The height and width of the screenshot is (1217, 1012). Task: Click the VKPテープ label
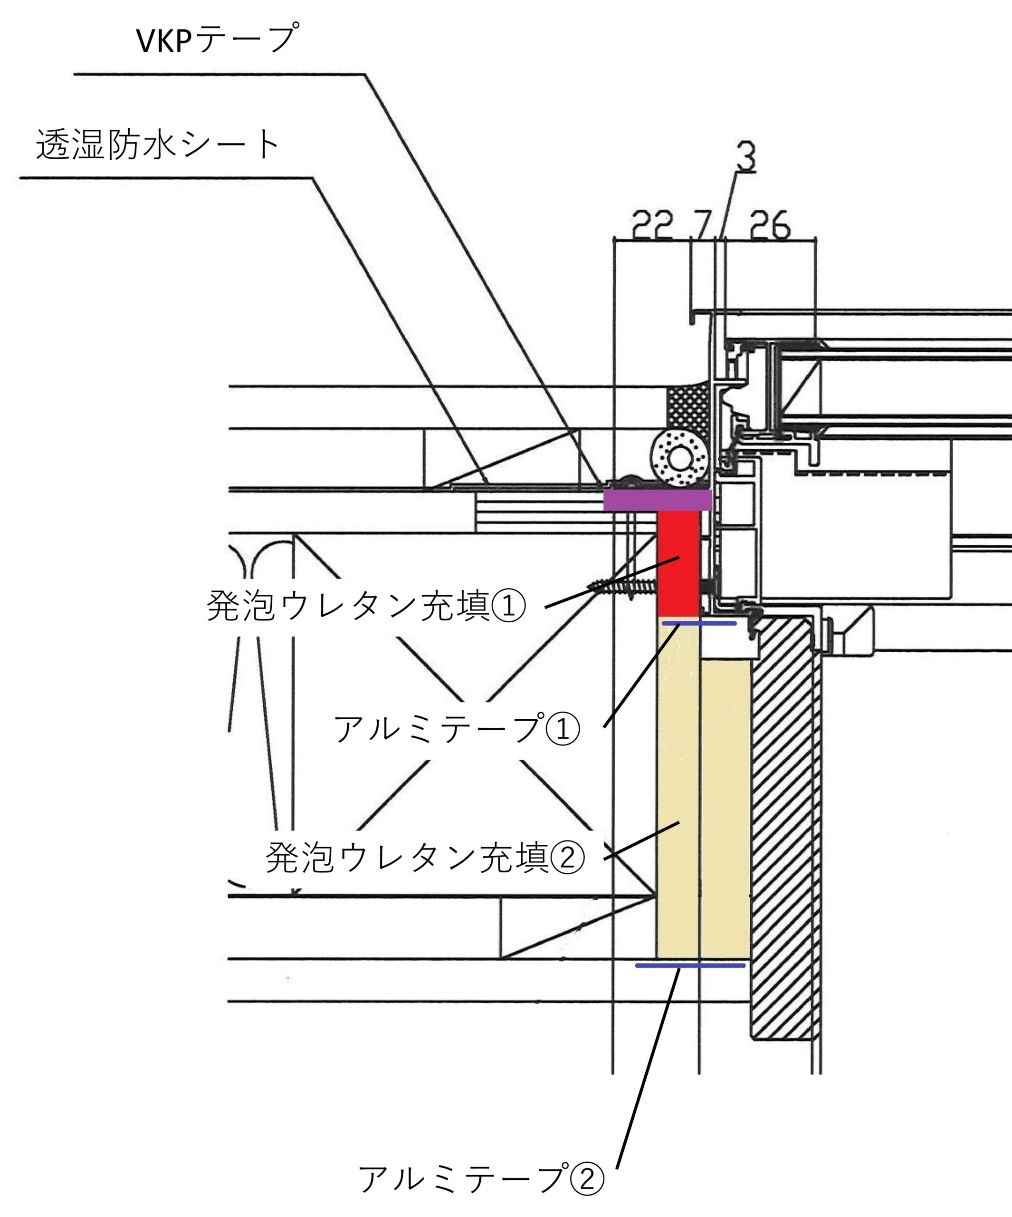tap(217, 39)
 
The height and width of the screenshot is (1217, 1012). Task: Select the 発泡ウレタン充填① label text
tap(366, 607)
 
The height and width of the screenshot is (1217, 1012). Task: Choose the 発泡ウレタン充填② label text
tap(425, 858)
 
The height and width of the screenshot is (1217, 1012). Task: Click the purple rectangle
tap(658, 500)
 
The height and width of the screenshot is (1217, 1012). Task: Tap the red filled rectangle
tap(679, 562)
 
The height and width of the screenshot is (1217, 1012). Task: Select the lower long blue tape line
tap(690, 966)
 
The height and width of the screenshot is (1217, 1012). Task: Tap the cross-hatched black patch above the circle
tap(688, 410)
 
